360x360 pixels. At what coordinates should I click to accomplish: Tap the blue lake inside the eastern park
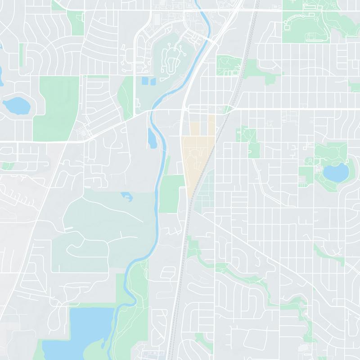(336, 171)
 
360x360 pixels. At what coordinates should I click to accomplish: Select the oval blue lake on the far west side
(17, 106)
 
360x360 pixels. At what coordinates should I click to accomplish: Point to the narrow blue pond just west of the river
(152, 138)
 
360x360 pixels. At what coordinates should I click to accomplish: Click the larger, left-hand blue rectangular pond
(145, 82)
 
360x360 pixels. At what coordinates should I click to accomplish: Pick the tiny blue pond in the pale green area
(126, 196)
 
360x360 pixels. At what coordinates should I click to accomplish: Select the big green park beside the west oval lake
(56, 108)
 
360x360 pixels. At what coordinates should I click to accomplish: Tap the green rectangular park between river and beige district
(171, 193)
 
